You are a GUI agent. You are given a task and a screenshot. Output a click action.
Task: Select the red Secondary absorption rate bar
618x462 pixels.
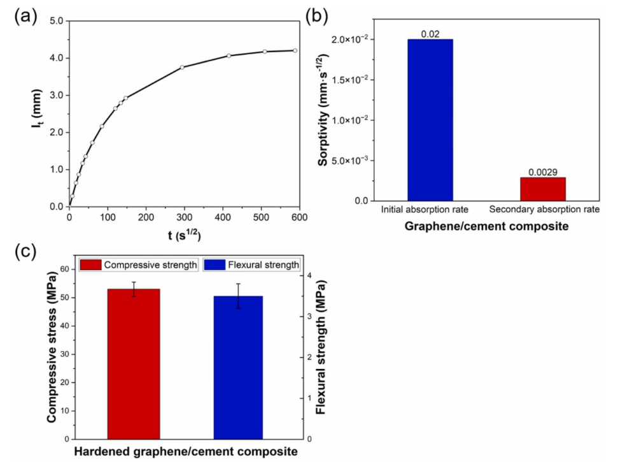click(543, 189)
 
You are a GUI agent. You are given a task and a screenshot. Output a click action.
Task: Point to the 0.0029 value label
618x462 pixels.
click(543, 172)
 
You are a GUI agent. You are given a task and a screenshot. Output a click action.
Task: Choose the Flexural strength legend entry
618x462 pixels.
click(252, 264)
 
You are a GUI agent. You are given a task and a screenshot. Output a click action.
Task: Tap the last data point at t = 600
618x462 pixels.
click(295, 50)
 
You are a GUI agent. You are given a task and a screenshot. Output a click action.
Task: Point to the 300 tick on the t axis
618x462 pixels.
click(184, 217)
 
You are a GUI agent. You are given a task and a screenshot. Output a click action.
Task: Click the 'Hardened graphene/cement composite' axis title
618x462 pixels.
click(185, 452)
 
